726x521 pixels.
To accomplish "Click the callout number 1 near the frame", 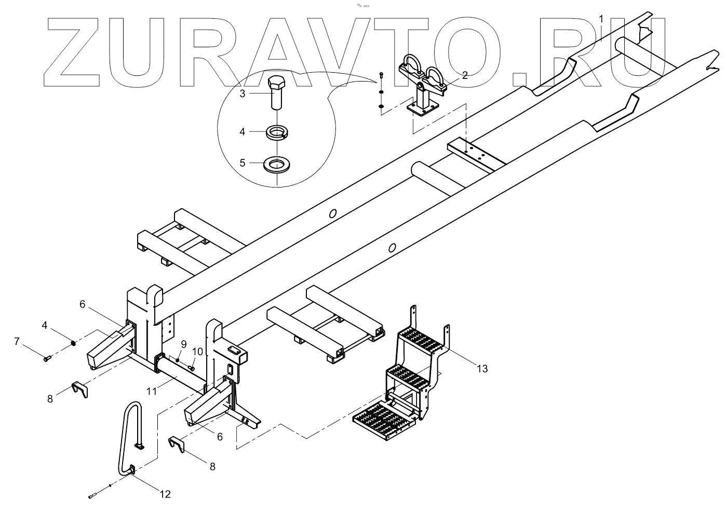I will (x=601, y=19).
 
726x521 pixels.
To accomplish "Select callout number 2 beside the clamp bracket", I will (x=465, y=75).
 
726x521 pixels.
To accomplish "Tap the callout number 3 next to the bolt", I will (x=243, y=93).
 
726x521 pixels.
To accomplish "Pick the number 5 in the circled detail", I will (x=243, y=163).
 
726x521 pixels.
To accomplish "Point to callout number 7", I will (x=17, y=341).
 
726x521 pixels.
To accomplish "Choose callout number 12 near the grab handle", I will (x=165, y=494).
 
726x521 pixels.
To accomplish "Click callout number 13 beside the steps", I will (x=482, y=369).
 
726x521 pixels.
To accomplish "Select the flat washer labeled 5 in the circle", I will (x=276, y=165).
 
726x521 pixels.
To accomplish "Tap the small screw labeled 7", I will (x=47, y=358).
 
